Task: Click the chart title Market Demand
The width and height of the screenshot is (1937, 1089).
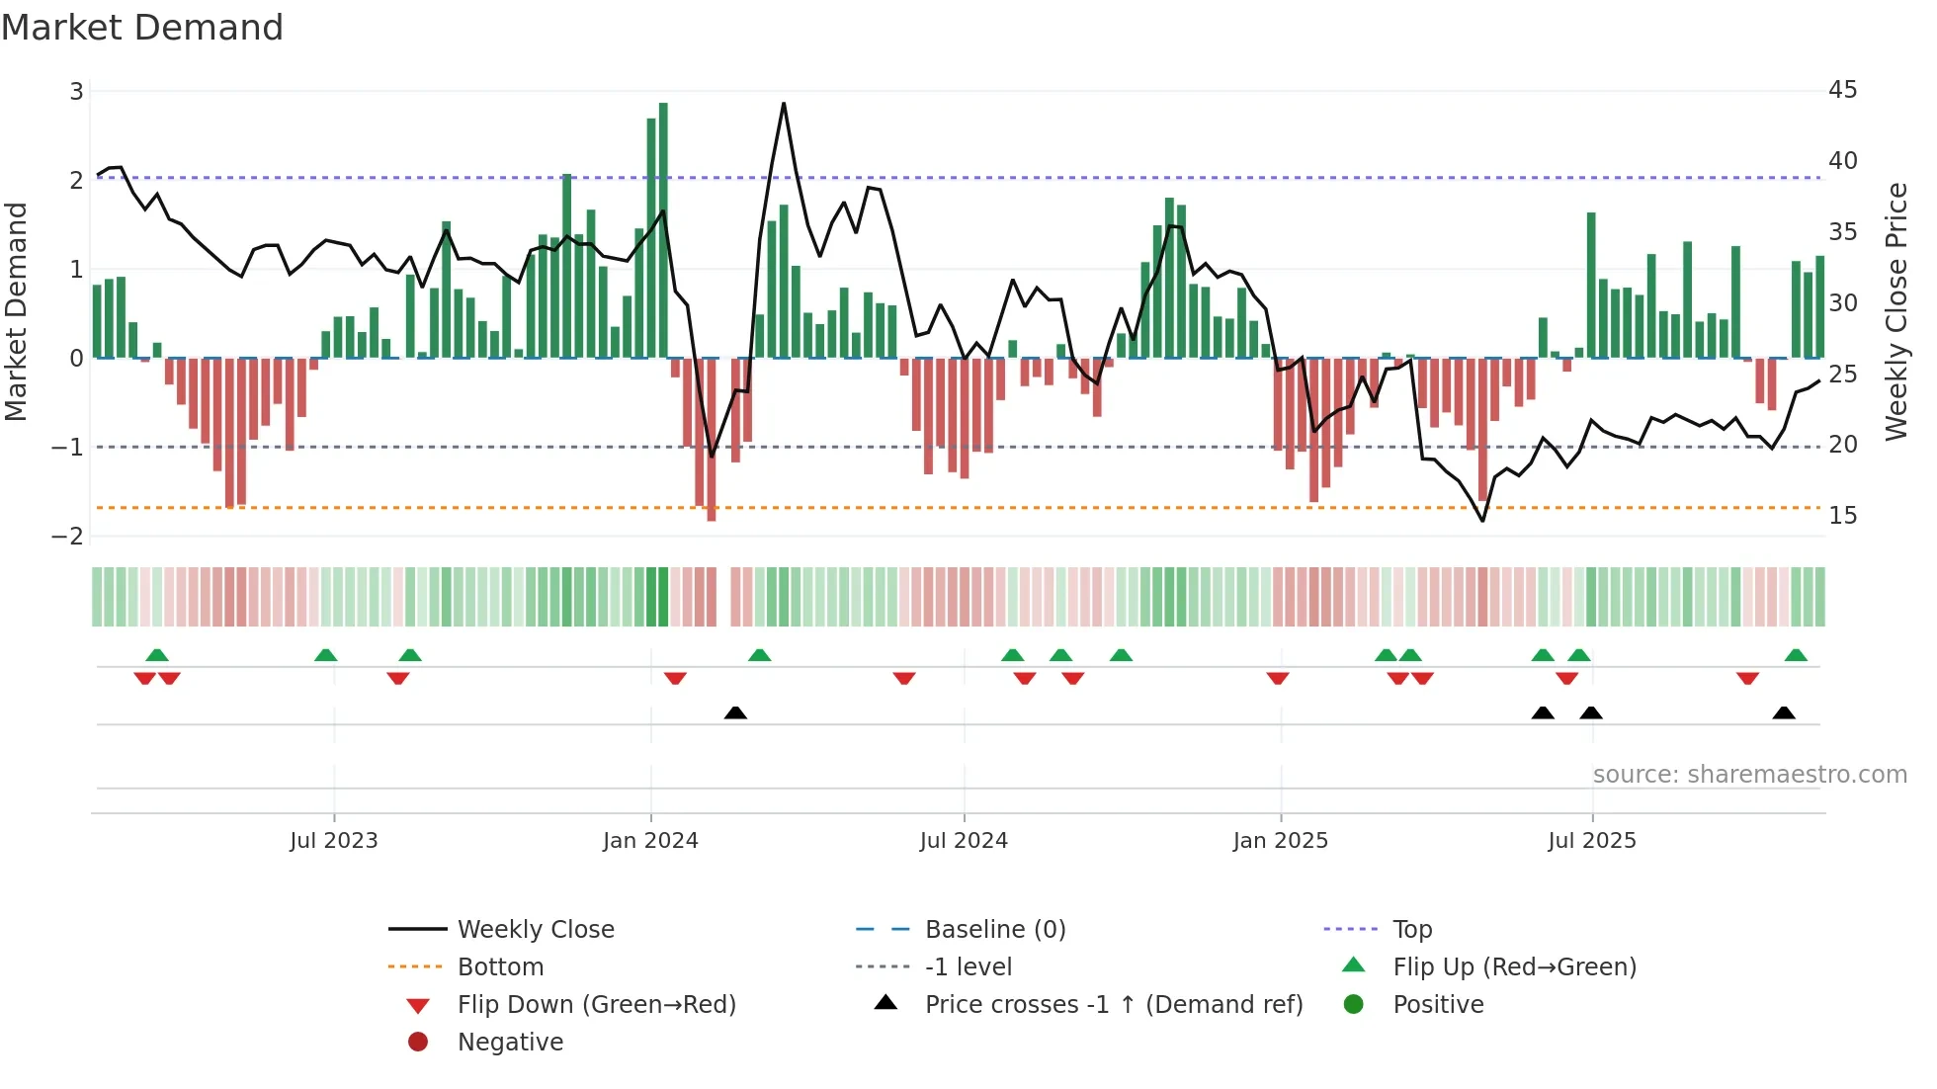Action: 142,28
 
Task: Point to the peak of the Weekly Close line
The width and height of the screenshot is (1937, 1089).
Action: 784,104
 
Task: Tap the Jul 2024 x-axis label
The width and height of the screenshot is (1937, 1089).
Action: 964,841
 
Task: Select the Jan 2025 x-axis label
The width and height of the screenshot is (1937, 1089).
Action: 1280,841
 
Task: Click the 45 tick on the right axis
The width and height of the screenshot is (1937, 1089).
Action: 1842,90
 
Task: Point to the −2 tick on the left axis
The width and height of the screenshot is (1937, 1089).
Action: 68,537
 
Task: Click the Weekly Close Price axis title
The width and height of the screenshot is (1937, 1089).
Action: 1895,311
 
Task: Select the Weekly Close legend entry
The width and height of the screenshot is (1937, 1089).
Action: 535,930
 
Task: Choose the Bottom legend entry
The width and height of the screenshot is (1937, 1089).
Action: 500,967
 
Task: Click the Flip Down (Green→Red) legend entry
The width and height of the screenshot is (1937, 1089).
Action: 596,1005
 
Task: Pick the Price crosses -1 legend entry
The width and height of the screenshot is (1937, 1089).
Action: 1113,1005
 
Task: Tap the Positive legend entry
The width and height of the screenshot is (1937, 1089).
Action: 1438,1005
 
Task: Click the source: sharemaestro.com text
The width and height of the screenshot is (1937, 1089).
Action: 1749,775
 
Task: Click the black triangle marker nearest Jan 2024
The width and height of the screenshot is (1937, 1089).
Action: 735,712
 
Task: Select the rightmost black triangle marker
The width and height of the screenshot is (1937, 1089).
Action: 1784,712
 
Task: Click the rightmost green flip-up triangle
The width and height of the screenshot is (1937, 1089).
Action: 1796,655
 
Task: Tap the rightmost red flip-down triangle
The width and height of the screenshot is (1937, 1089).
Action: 1747,678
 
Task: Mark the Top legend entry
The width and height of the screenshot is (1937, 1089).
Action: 1412,930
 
